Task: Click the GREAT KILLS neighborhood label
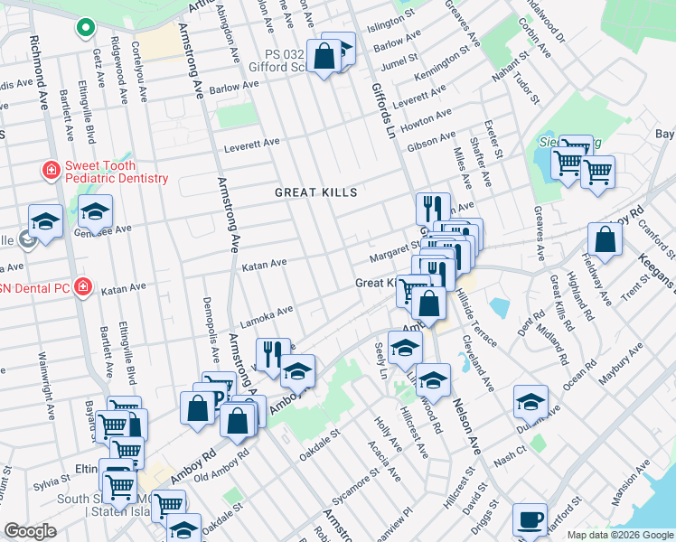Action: pos(316,192)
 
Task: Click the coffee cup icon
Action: pos(530,520)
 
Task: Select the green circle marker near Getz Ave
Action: pos(85,28)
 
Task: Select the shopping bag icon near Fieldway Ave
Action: pos(605,240)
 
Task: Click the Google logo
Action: pos(30,531)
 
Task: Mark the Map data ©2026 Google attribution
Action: pos(619,535)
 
